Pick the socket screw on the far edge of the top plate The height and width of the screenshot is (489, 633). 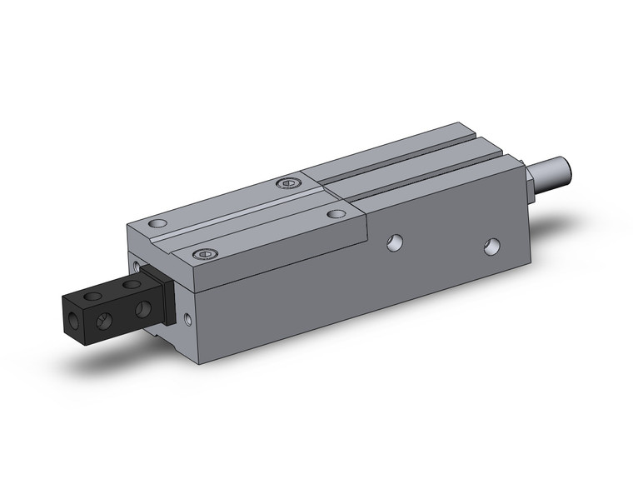(287, 183)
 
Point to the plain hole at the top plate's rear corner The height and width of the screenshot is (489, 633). (336, 214)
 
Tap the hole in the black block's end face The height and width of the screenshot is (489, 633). (74, 319)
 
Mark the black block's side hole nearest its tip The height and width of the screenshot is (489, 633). (104, 321)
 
